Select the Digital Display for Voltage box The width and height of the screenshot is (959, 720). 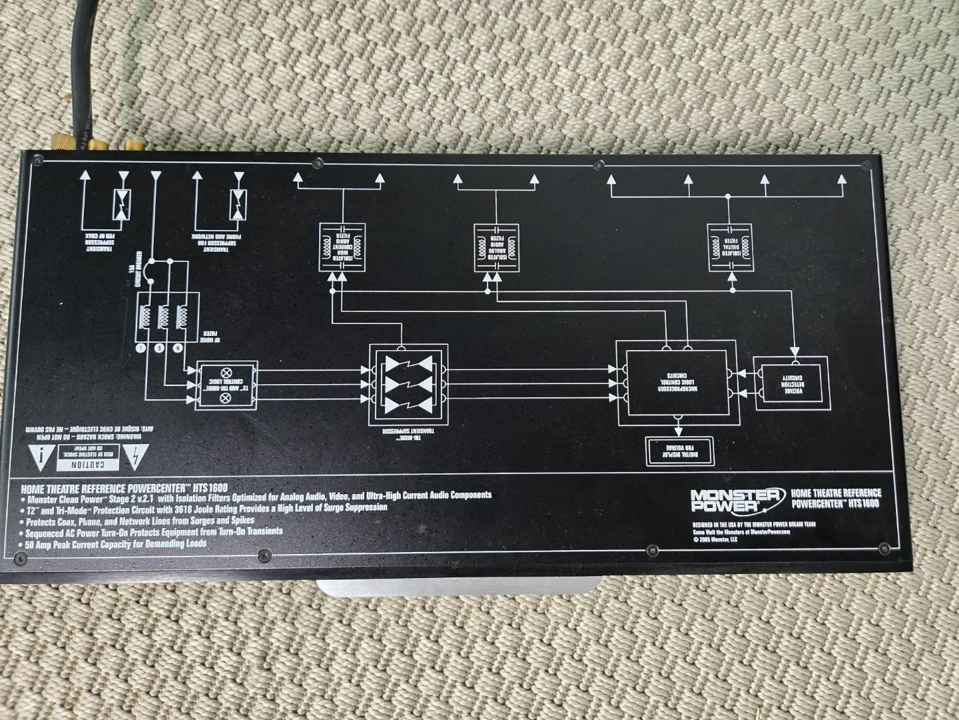[679, 451]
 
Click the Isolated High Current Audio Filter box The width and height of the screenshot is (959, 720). [342, 247]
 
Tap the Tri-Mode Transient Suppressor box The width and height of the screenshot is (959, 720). [408, 385]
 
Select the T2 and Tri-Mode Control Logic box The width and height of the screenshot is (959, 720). [225, 386]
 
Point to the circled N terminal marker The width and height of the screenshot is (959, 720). [178, 348]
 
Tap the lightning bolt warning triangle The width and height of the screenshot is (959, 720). [137, 457]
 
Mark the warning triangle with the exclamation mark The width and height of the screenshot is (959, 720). [43, 457]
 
